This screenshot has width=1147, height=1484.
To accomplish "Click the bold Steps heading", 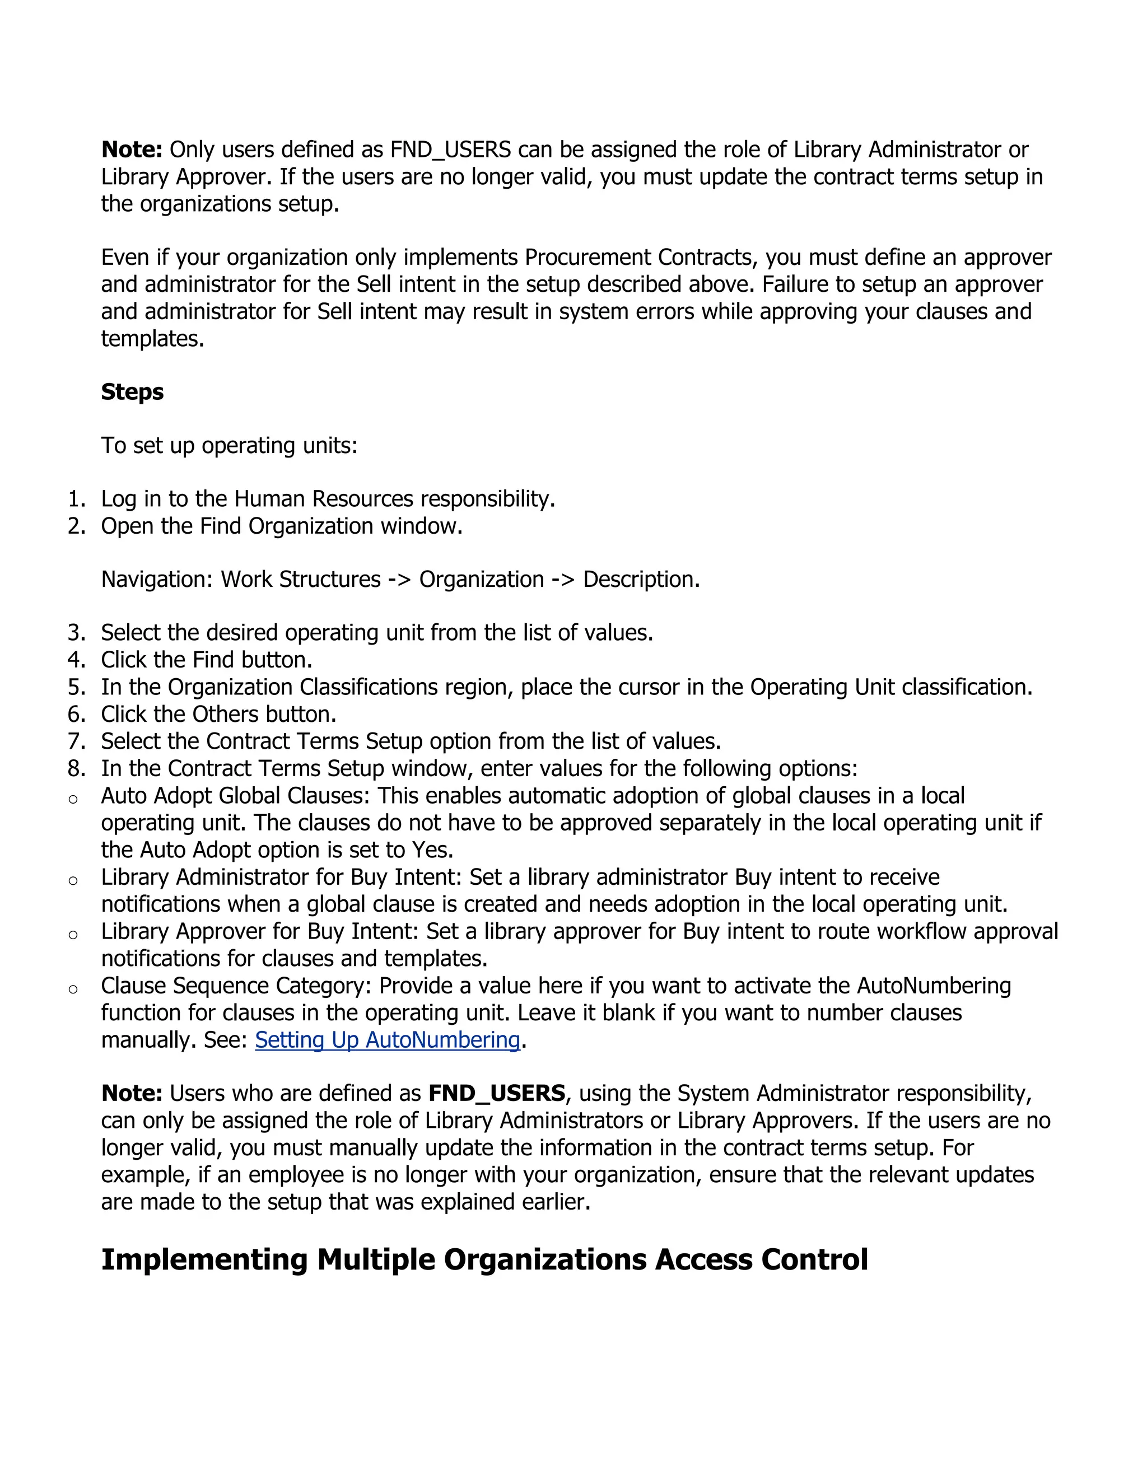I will (x=133, y=392).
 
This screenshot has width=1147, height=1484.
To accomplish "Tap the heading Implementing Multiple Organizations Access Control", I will (x=484, y=1259).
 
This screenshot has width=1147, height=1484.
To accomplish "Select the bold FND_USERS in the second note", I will (x=497, y=1093).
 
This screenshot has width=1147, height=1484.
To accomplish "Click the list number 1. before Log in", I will (x=76, y=499).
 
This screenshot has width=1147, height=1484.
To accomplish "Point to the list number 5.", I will (x=76, y=687).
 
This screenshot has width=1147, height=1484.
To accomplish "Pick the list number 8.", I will (x=76, y=768).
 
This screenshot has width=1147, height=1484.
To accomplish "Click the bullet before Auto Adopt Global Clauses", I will (x=73, y=799).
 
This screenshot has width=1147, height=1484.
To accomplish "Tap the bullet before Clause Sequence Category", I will (x=73, y=990).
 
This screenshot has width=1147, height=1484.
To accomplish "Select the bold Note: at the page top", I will (x=132, y=150).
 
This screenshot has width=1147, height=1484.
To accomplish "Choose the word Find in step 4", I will (x=214, y=660).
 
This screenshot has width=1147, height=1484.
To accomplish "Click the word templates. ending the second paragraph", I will (x=152, y=338).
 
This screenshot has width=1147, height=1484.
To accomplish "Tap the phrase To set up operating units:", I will (x=229, y=446).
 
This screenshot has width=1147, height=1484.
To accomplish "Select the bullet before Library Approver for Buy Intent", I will (x=73, y=935).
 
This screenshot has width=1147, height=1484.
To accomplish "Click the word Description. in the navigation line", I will (x=641, y=580).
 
